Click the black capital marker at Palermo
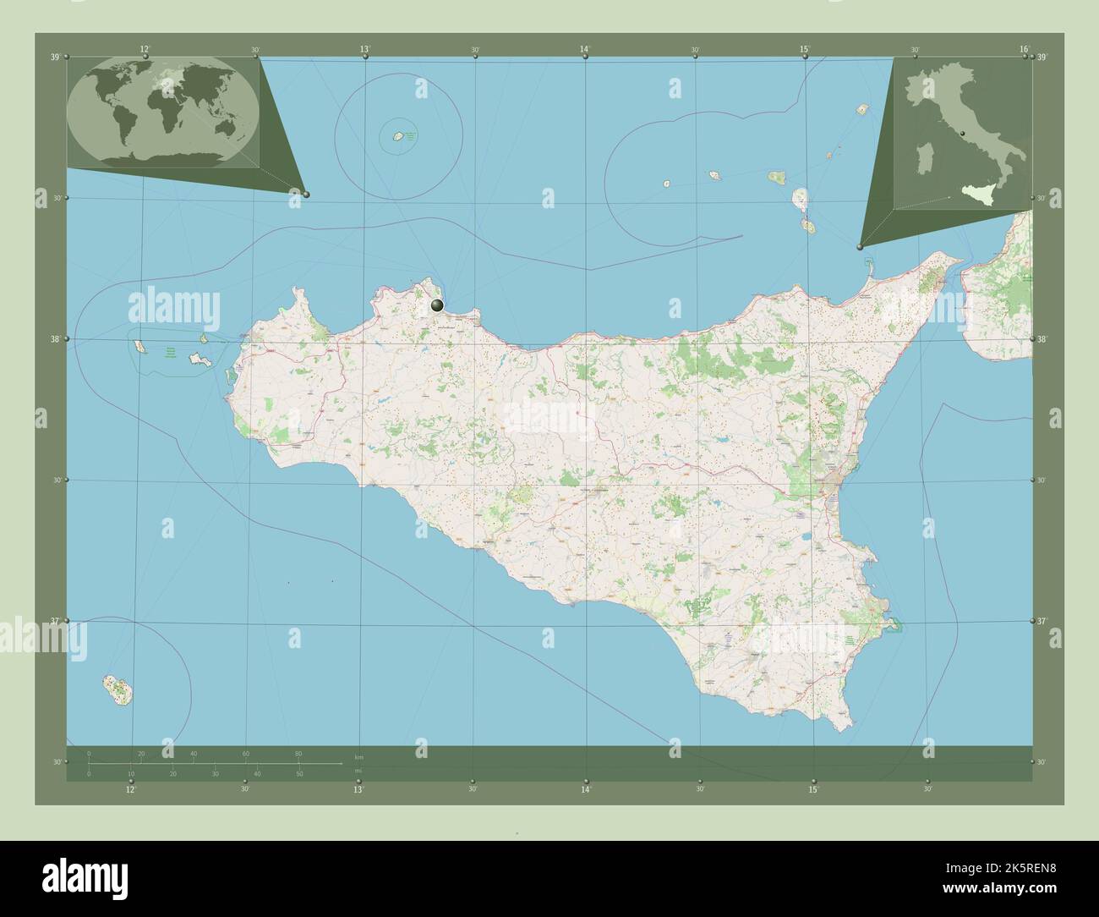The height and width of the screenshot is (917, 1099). (x=437, y=305)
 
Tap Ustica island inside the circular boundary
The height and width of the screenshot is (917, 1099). (x=396, y=136)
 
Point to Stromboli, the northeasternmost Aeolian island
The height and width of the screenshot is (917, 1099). (x=862, y=110)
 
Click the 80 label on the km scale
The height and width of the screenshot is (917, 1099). (x=298, y=753)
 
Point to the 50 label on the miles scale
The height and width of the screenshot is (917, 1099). (x=299, y=774)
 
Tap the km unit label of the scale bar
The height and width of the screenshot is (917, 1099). (x=358, y=756)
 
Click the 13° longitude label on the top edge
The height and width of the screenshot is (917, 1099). (x=364, y=50)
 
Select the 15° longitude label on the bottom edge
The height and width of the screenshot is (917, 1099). (x=812, y=789)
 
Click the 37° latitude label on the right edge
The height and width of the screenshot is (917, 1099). (x=1042, y=621)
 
